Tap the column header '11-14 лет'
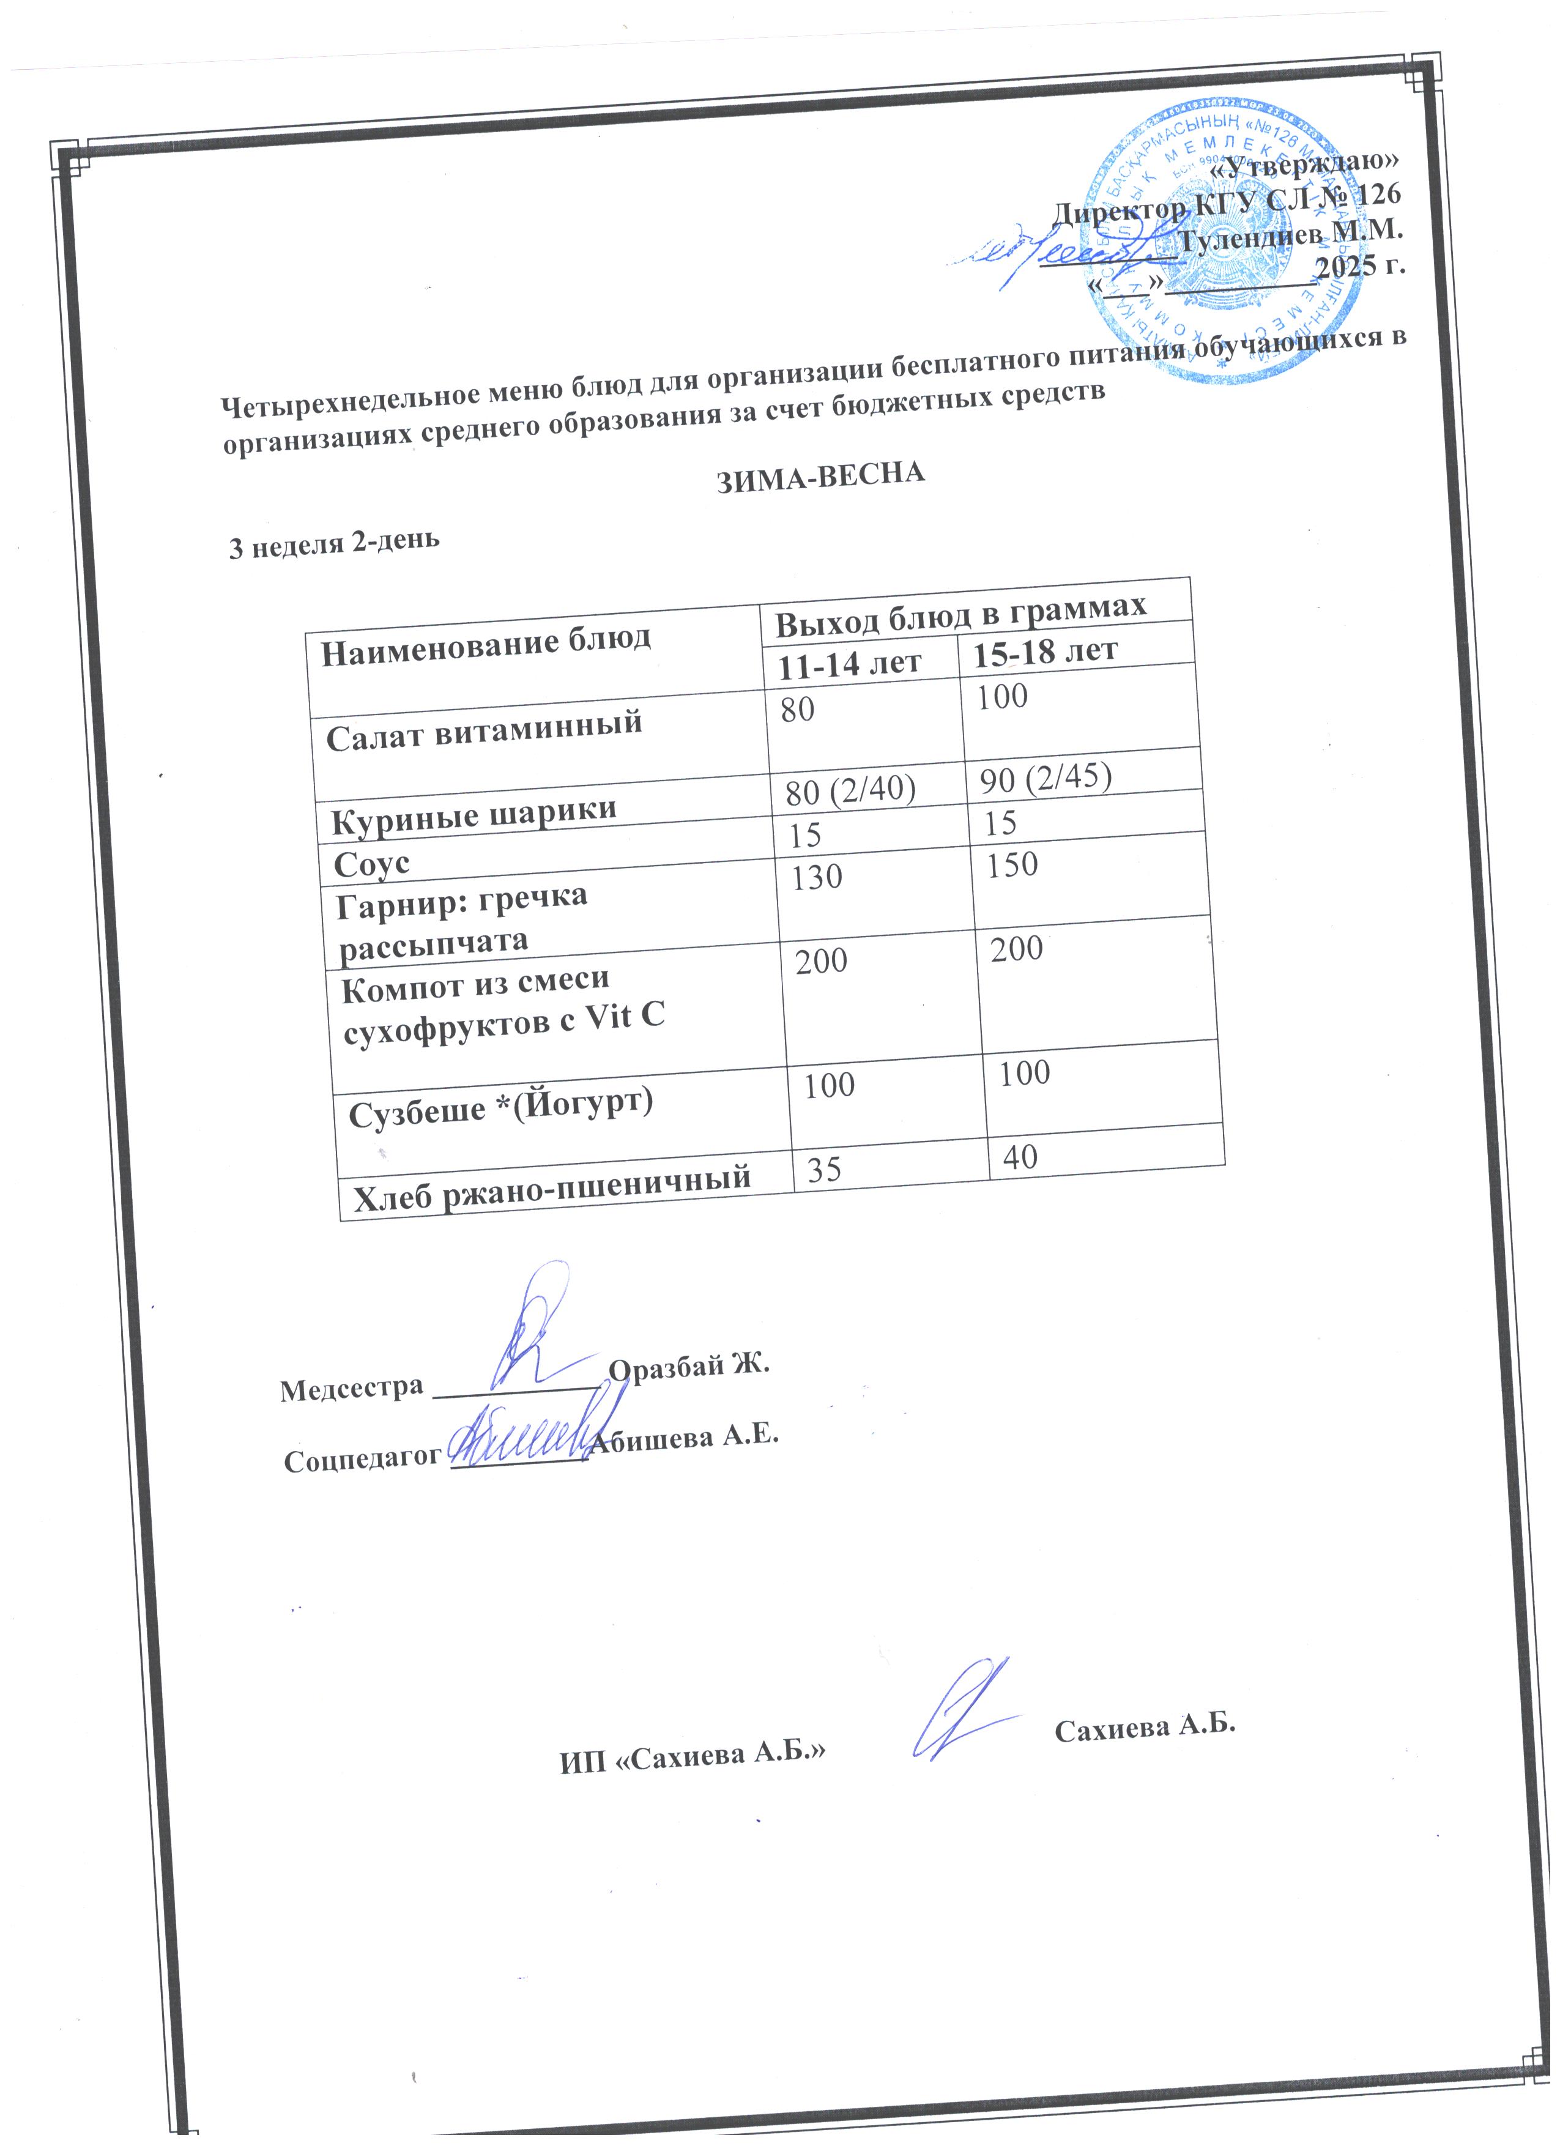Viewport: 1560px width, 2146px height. (x=849, y=663)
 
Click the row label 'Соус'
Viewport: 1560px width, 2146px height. (x=372, y=863)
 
